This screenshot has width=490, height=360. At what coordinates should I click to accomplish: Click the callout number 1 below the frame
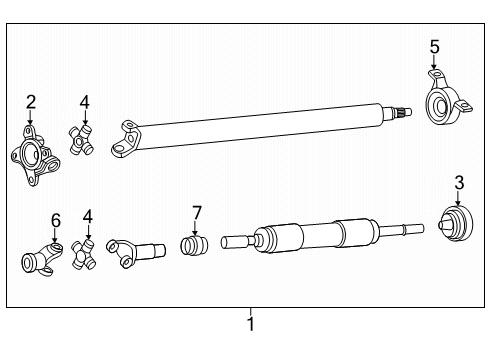(x=251, y=324)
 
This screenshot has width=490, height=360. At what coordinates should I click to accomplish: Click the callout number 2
(x=31, y=101)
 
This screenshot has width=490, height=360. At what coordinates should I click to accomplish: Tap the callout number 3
(x=459, y=181)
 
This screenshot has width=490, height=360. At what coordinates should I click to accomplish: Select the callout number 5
(x=434, y=46)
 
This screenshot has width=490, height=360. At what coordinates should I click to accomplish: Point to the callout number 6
(x=56, y=219)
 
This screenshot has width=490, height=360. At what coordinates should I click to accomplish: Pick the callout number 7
(x=197, y=212)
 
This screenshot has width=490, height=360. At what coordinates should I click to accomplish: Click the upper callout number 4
(x=86, y=101)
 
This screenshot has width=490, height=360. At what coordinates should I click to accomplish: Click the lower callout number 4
(x=87, y=215)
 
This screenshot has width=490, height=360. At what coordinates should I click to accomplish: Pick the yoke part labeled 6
(x=43, y=259)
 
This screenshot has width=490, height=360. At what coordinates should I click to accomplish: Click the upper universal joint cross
(x=82, y=140)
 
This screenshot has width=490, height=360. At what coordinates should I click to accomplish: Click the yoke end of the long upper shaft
(x=127, y=140)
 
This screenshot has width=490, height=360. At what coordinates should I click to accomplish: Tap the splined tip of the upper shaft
(x=400, y=112)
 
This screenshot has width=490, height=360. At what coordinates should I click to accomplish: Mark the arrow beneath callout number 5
(x=434, y=66)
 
